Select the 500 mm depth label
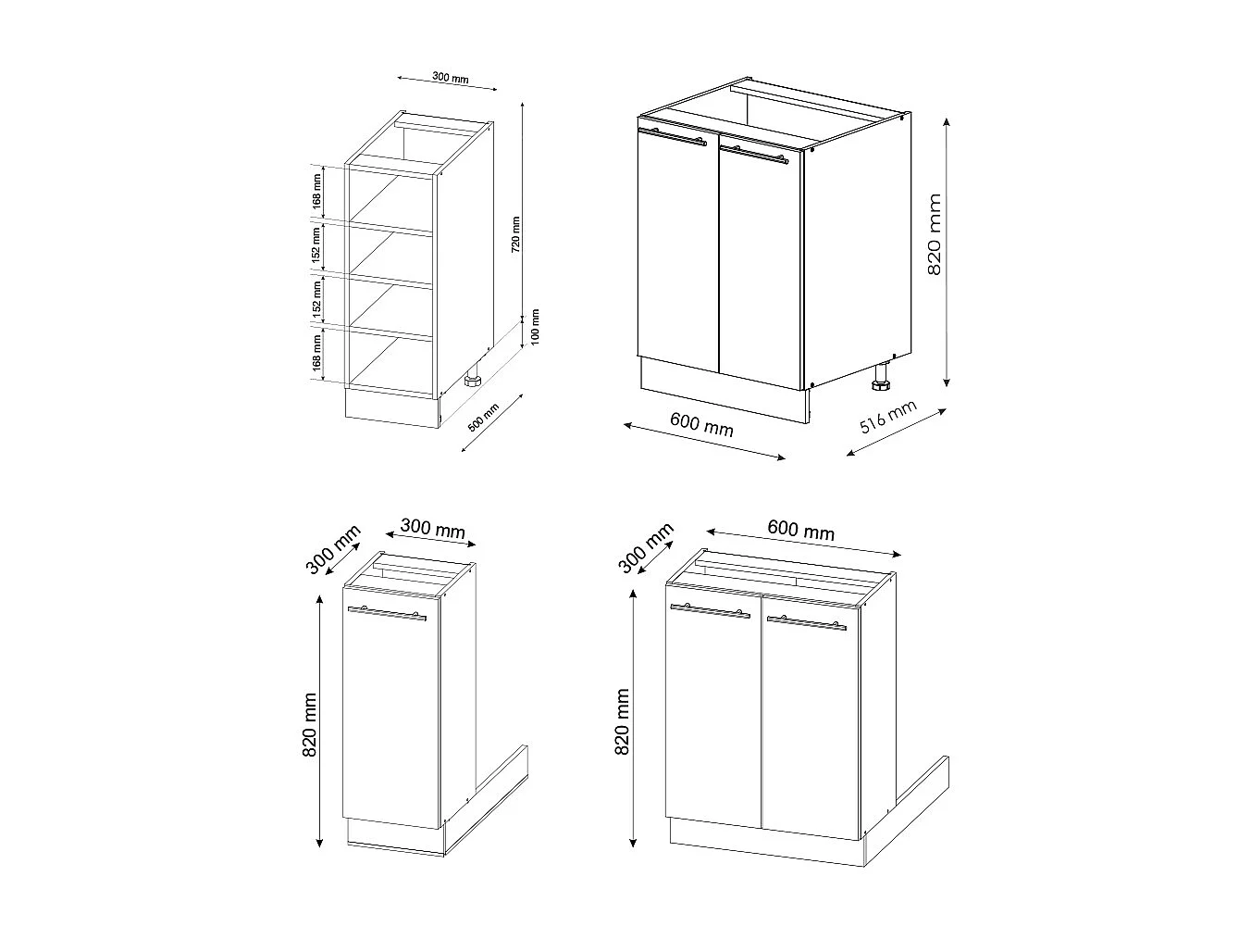click(483, 419)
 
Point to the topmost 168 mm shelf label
click(316, 190)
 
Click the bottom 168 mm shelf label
click(316, 353)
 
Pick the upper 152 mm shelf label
click(316, 247)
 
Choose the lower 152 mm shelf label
click(316, 299)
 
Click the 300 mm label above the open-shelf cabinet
click(451, 79)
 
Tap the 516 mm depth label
click(888, 418)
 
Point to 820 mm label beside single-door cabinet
click(310, 725)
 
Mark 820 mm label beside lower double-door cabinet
click(622, 721)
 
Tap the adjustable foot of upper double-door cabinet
click(880, 377)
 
